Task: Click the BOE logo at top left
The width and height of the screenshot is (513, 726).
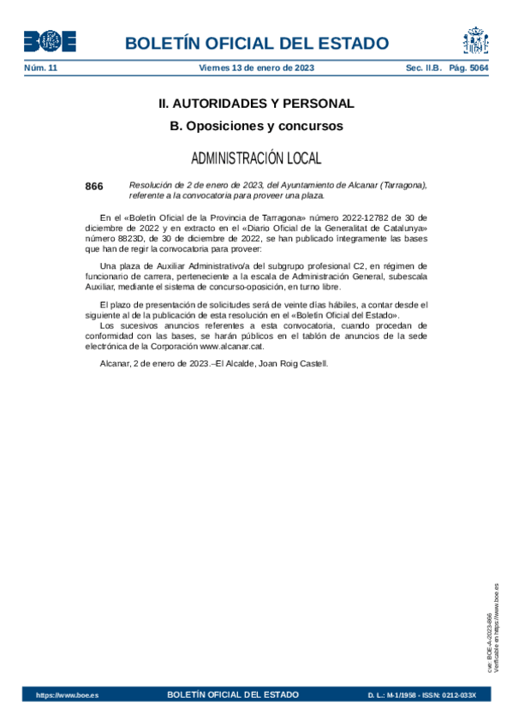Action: [x=48, y=42]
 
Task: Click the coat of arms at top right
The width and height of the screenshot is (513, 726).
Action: [x=476, y=41]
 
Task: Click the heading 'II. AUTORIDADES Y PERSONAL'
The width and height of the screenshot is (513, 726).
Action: [x=256, y=104]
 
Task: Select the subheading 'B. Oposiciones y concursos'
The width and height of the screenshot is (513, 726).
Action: [x=256, y=126]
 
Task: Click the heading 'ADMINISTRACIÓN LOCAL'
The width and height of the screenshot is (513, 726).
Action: [x=256, y=158]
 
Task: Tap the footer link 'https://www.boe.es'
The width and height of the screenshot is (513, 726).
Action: [x=67, y=695]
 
